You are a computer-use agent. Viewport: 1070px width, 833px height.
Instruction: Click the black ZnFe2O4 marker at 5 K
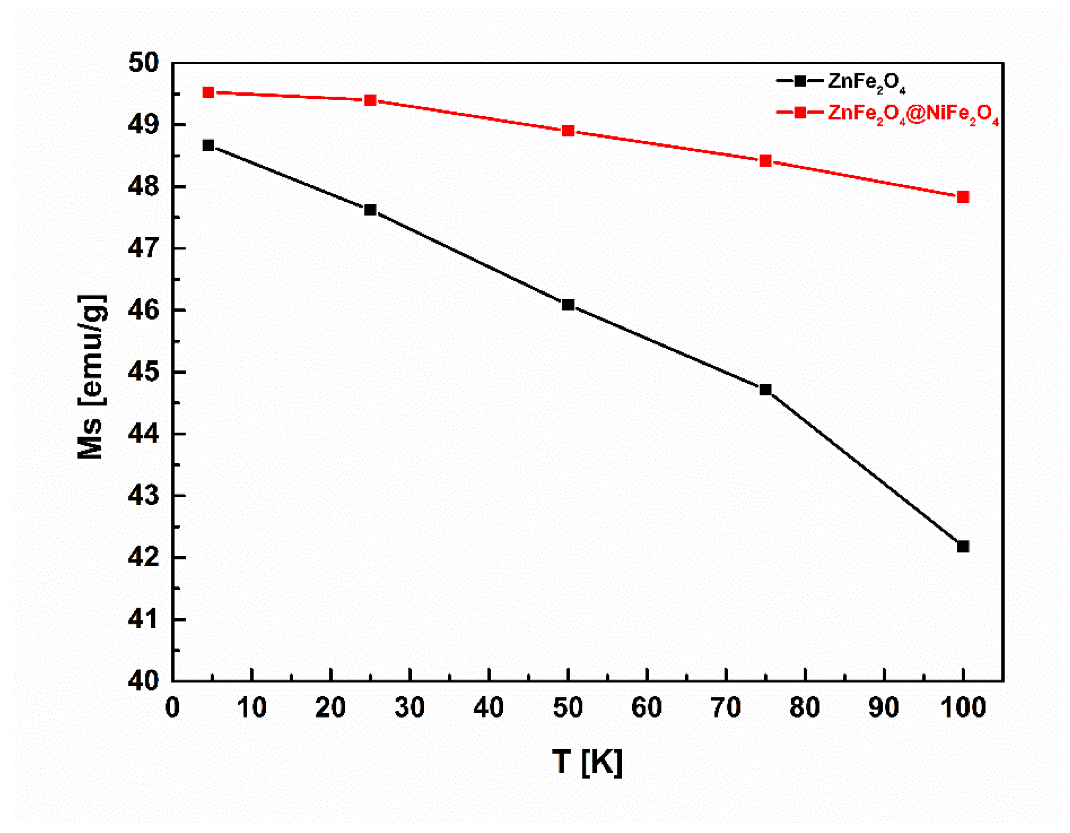coord(208,145)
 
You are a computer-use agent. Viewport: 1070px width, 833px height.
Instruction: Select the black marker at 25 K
coord(370,210)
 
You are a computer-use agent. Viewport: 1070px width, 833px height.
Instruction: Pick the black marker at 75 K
coord(765,390)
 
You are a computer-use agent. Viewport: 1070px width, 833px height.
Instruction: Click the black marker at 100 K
coord(963,546)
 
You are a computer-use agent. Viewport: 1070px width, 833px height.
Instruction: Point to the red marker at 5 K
coord(208,92)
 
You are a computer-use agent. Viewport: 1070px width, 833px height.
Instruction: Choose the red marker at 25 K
coord(370,100)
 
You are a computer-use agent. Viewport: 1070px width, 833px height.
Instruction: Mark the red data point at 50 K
coord(568,131)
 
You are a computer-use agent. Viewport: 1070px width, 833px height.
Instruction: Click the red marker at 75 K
coord(765,161)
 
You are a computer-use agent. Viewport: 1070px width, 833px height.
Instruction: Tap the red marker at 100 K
coord(963,197)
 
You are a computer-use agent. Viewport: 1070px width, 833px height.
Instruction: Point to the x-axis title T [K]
coord(587,763)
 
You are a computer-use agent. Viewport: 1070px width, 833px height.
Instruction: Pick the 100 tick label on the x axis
coord(963,708)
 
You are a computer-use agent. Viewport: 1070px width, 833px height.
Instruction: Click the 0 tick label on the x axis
coord(172,708)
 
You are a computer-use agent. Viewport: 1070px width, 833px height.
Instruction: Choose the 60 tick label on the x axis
coord(647,708)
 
